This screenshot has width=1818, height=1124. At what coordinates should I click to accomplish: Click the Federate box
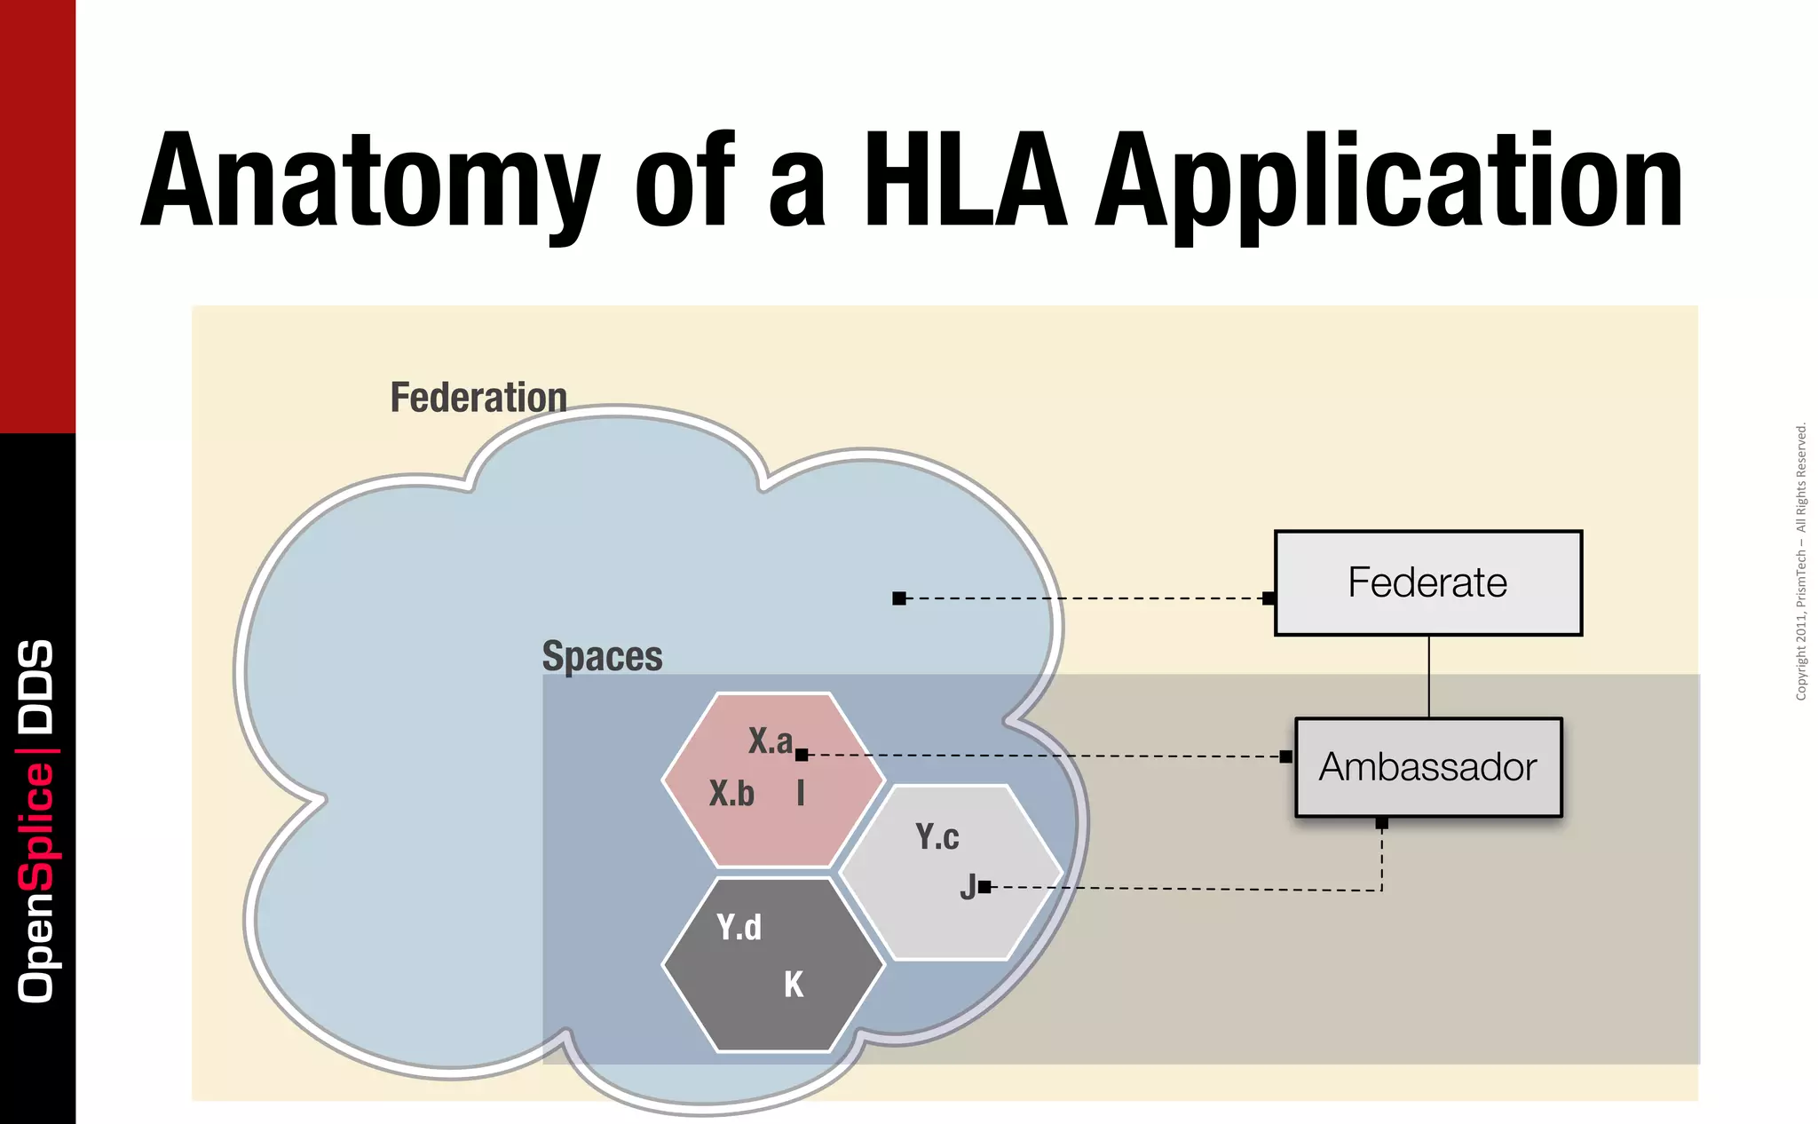(x=1427, y=583)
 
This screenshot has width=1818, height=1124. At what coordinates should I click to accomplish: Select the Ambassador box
(x=1427, y=767)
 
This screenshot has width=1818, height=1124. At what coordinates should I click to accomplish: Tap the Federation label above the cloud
(x=478, y=397)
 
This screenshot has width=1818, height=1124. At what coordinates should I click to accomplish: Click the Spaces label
(x=602, y=657)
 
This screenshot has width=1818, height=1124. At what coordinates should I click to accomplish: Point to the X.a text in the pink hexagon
(x=769, y=740)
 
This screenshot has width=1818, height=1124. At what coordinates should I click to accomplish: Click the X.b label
(x=731, y=793)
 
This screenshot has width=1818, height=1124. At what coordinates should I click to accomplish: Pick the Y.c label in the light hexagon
(x=937, y=836)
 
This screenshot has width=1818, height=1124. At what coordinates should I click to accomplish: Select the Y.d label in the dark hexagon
(x=739, y=927)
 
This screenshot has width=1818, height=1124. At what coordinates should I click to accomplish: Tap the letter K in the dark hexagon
(x=794, y=985)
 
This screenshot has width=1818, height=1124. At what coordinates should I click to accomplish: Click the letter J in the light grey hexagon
(x=968, y=887)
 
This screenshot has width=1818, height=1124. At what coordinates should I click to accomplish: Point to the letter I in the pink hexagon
(x=801, y=792)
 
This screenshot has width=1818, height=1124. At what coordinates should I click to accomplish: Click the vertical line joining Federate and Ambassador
(x=1428, y=677)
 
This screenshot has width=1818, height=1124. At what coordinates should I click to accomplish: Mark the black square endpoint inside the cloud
(x=899, y=598)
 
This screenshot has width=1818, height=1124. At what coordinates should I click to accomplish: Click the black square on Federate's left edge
(x=1269, y=598)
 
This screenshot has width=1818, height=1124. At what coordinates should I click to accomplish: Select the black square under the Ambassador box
(x=1381, y=823)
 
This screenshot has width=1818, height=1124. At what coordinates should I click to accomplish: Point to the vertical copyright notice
(x=1800, y=561)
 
